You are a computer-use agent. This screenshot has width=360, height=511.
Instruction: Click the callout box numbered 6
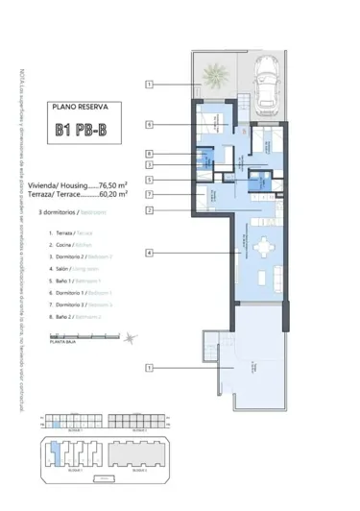coord(150,124)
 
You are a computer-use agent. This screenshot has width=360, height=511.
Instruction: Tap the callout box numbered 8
coord(150,153)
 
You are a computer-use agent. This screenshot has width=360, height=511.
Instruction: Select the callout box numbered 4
coord(150,253)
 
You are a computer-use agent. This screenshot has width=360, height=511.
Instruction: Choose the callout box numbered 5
coord(150,180)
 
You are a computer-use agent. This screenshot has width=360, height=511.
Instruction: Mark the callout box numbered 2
coord(150,209)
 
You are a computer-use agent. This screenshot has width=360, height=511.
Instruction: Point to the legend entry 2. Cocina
coord(71,246)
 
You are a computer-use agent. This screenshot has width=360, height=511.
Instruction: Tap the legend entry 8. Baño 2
coord(74,316)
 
